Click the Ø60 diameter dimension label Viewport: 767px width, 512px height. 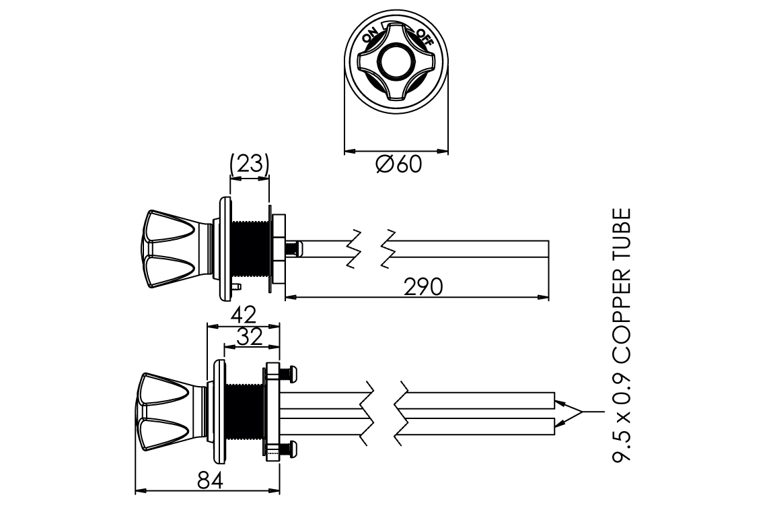point(398,164)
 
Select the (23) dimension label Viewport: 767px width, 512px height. point(250,164)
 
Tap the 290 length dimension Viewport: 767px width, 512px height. point(424,286)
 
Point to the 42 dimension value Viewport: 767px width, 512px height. point(243,314)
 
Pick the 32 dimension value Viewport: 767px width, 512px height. point(250,337)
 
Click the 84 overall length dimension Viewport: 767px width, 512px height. point(211,480)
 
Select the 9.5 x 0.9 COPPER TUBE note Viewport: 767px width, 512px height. point(622,335)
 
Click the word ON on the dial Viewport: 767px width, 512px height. point(370,34)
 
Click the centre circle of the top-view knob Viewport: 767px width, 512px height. point(396,61)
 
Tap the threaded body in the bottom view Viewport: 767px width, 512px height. point(246,412)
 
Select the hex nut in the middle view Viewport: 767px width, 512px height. point(278,250)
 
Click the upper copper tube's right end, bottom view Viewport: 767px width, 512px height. point(554,401)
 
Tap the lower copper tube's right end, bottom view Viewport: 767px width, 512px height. point(554,426)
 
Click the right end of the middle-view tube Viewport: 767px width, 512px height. point(548,249)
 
